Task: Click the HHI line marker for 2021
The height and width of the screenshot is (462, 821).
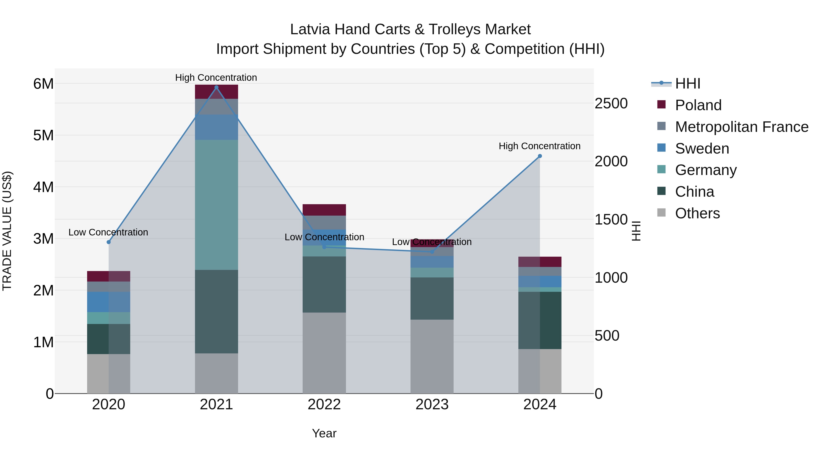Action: click(x=216, y=87)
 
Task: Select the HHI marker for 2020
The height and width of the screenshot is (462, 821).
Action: click(x=109, y=242)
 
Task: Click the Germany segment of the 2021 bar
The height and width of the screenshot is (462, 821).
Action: click(x=216, y=205)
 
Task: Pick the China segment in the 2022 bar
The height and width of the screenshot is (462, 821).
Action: click(x=324, y=285)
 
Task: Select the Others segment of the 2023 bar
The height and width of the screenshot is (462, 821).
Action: click(x=432, y=356)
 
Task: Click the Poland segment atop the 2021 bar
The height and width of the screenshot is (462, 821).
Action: click(x=216, y=92)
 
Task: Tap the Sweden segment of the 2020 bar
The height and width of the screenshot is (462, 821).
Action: click(x=109, y=302)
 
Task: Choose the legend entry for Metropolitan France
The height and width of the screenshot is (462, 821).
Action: click(x=742, y=127)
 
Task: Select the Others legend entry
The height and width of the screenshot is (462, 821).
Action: click(x=697, y=213)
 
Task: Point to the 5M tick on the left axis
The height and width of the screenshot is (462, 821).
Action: click(x=43, y=136)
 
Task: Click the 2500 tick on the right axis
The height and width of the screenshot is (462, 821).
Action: click(x=611, y=104)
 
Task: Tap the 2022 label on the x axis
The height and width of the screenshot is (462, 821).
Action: click(x=324, y=405)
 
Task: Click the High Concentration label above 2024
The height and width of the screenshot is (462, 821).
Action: click(x=540, y=146)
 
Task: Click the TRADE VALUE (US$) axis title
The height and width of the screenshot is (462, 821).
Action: click(x=7, y=231)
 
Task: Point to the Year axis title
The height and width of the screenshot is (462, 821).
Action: click(x=324, y=433)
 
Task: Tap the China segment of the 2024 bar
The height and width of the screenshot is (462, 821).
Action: click(x=540, y=321)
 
